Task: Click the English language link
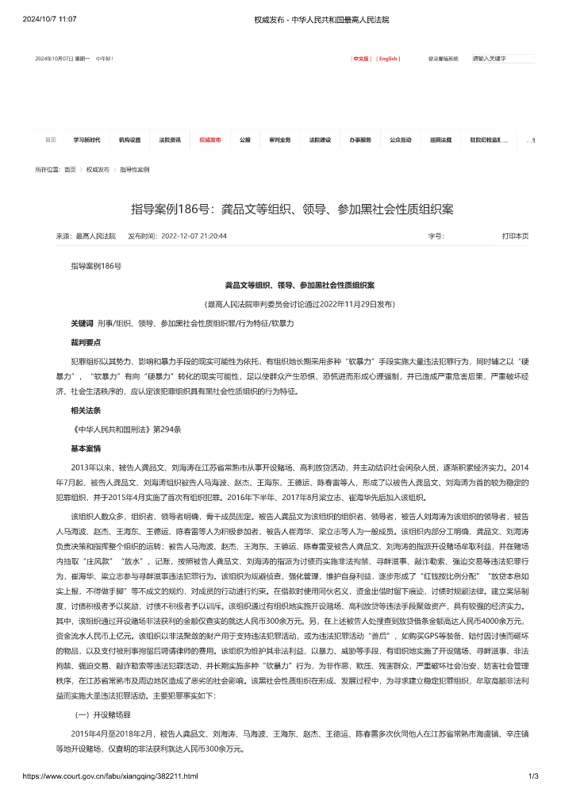388,59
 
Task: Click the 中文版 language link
361,59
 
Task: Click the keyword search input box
502,59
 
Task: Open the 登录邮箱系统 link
444,59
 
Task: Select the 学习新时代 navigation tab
86,140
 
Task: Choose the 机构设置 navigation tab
129,140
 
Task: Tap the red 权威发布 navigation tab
210,140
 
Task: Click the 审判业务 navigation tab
280,140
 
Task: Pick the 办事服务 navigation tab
360,140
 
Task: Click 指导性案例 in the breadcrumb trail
135,170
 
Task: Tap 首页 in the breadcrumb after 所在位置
71,170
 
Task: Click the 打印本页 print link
515,236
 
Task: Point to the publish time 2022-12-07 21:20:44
194,236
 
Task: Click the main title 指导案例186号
292,210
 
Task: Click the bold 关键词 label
83,324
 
